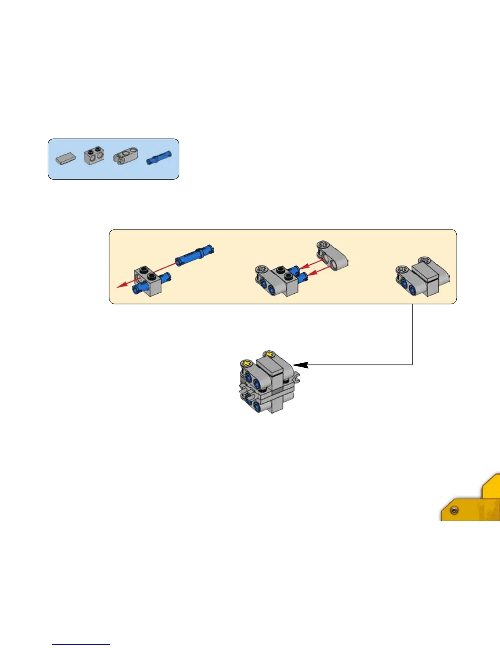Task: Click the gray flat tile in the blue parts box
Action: coord(65,158)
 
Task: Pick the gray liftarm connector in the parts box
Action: coord(125,157)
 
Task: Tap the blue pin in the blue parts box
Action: coord(159,158)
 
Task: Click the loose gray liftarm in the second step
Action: coord(333,256)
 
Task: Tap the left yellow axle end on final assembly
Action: coord(246,363)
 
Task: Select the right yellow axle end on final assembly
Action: coord(269,353)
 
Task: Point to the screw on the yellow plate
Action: coord(454,510)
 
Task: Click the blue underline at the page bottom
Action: coord(81,644)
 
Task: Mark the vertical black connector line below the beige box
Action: coord(412,333)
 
